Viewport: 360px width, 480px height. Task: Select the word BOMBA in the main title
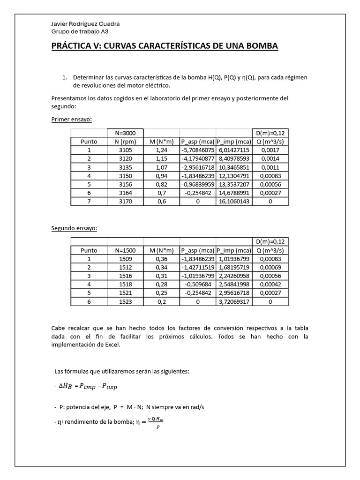[261, 46]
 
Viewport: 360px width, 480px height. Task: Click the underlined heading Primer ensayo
[71, 120]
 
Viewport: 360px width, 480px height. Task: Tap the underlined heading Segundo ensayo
[74, 228]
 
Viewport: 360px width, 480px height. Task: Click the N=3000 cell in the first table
[125, 133]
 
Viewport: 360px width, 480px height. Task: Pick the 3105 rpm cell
[125, 150]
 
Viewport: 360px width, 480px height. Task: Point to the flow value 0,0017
[270, 150]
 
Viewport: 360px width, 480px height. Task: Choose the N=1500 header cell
[125, 250]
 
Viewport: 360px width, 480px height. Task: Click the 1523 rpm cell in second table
[125, 302]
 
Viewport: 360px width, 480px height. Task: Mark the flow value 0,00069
[270, 268]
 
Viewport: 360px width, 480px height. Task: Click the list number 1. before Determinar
[65, 77]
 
